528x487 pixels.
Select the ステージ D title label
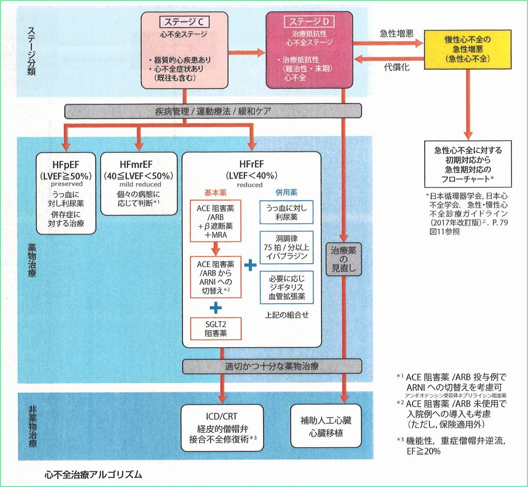(x=309, y=22)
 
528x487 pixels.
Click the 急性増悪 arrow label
(x=396, y=33)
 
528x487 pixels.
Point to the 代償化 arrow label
(x=396, y=68)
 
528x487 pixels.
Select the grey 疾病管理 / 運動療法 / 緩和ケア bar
(x=213, y=111)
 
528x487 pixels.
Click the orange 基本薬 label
(x=215, y=192)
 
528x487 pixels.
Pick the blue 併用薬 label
(x=286, y=192)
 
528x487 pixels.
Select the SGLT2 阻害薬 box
(x=216, y=328)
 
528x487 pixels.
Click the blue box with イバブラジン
(x=286, y=247)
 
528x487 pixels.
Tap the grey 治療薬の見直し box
(x=344, y=259)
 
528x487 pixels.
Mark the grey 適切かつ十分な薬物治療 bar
(x=272, y=366)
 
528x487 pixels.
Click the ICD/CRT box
(x=222, y=428)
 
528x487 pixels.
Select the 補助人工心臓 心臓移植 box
(x=326, y=427)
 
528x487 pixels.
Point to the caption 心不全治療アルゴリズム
(x=93, y=474)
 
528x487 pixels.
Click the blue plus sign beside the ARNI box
(x=250, y=265)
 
